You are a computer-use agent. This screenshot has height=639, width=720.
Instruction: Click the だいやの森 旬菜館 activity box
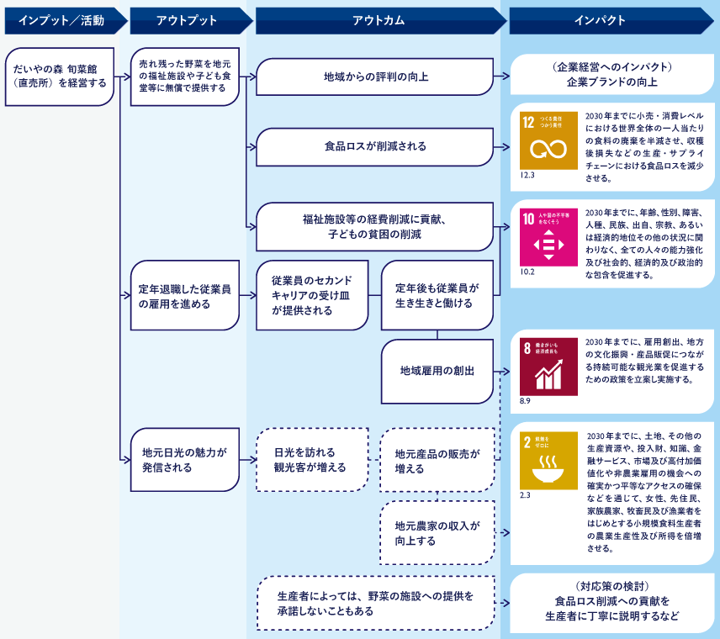59,77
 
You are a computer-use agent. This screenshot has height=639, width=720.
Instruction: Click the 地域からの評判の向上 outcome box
374,77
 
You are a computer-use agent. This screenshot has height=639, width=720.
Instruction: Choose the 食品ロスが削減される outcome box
374,146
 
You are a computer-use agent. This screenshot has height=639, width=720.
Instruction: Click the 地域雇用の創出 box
437,371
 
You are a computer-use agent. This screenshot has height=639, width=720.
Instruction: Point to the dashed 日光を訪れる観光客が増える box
312,459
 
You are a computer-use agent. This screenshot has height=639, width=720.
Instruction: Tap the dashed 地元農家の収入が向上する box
437,533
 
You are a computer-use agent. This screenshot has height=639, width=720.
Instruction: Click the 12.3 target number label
528,176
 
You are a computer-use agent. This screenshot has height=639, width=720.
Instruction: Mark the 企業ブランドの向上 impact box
611,76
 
